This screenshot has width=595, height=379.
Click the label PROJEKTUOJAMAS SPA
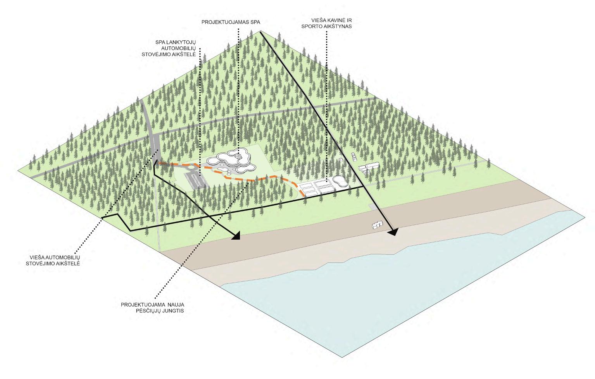tap(231, 22)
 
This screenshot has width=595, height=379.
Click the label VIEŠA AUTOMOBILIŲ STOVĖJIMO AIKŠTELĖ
tap(54, 260)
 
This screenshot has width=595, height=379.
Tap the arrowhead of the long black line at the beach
tap(393, 232)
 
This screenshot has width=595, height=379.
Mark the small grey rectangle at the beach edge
tap(372, 208)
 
